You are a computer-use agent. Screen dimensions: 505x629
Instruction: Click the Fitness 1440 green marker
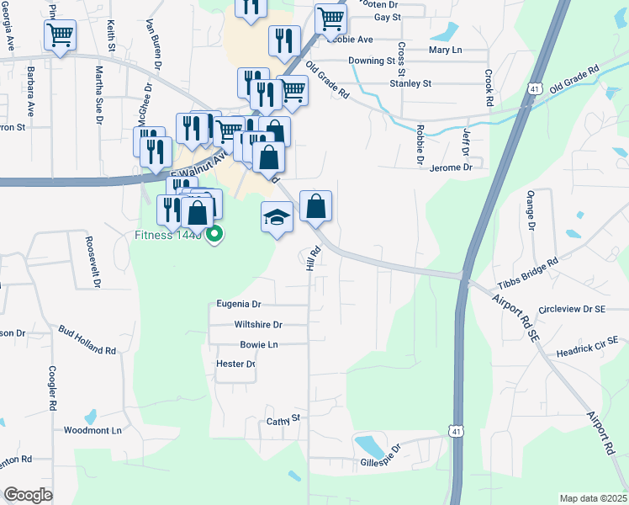pyautogui.click(x=214, y=235)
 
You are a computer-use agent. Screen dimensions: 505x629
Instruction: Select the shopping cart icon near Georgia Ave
pyautogui.click(x=60, y=35)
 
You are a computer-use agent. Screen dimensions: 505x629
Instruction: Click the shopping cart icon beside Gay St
pyautogui.click(x=331, y=19)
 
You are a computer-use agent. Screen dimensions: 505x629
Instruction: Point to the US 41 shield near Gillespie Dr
pyautogui.click(x=454, y=430)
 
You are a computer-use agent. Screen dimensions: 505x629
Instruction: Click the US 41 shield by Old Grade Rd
pyautogui.click(x=535, y=88)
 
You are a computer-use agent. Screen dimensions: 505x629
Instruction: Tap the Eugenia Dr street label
pyautogui.click(x=239, y=303)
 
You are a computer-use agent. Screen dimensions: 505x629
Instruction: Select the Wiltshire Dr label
pyautogui.click(x=258, y=324)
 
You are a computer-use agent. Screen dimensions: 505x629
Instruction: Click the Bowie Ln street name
pyautogui.click(x=259, y=344)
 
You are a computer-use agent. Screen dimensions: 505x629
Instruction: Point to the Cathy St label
pyautogui.click(x=283, y=419)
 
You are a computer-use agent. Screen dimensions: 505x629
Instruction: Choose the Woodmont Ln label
pyautogui.click(x=92, y=430)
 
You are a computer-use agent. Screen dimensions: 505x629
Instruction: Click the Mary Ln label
pyautogui.click(x=446, y=50)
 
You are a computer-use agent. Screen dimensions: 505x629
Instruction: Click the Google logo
pyautogui.click(x=29, y=495)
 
